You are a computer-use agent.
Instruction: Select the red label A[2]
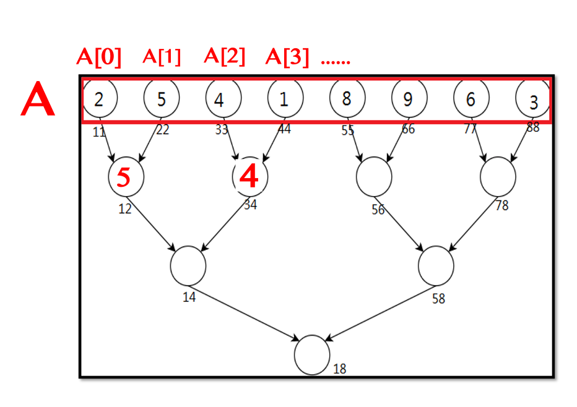[x=224, y=57]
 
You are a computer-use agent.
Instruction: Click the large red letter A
[x=38, y=103]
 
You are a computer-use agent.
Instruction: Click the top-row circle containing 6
[x=471, y=98]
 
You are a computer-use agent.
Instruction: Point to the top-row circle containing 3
[x=533, y=100]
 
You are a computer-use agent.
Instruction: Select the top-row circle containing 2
[x=100, y=98]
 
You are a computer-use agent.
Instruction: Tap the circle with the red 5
[x=126, y=176]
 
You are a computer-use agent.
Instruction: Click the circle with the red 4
[x=249, y=176]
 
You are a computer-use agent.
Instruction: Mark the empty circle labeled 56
[x=374, y=176]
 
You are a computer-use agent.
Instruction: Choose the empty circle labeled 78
[x=498, y=176]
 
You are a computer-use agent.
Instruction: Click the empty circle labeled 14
[x=188, y=265]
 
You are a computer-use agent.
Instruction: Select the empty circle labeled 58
[x=436, y=265]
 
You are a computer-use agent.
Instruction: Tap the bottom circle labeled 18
[x=311, y=355]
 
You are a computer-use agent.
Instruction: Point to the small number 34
[x=250, y=205]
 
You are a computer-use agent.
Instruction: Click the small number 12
[x=125, y=209]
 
